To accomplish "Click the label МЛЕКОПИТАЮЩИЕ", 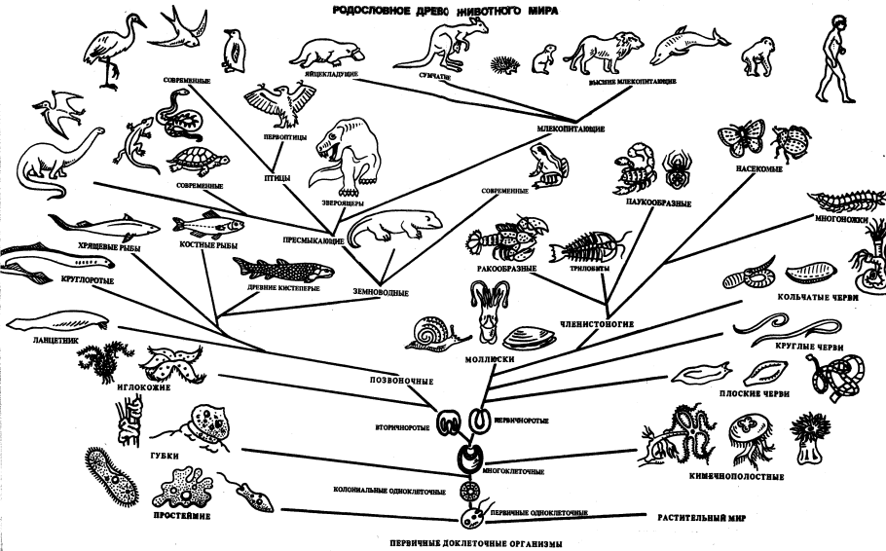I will coord(570,128).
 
